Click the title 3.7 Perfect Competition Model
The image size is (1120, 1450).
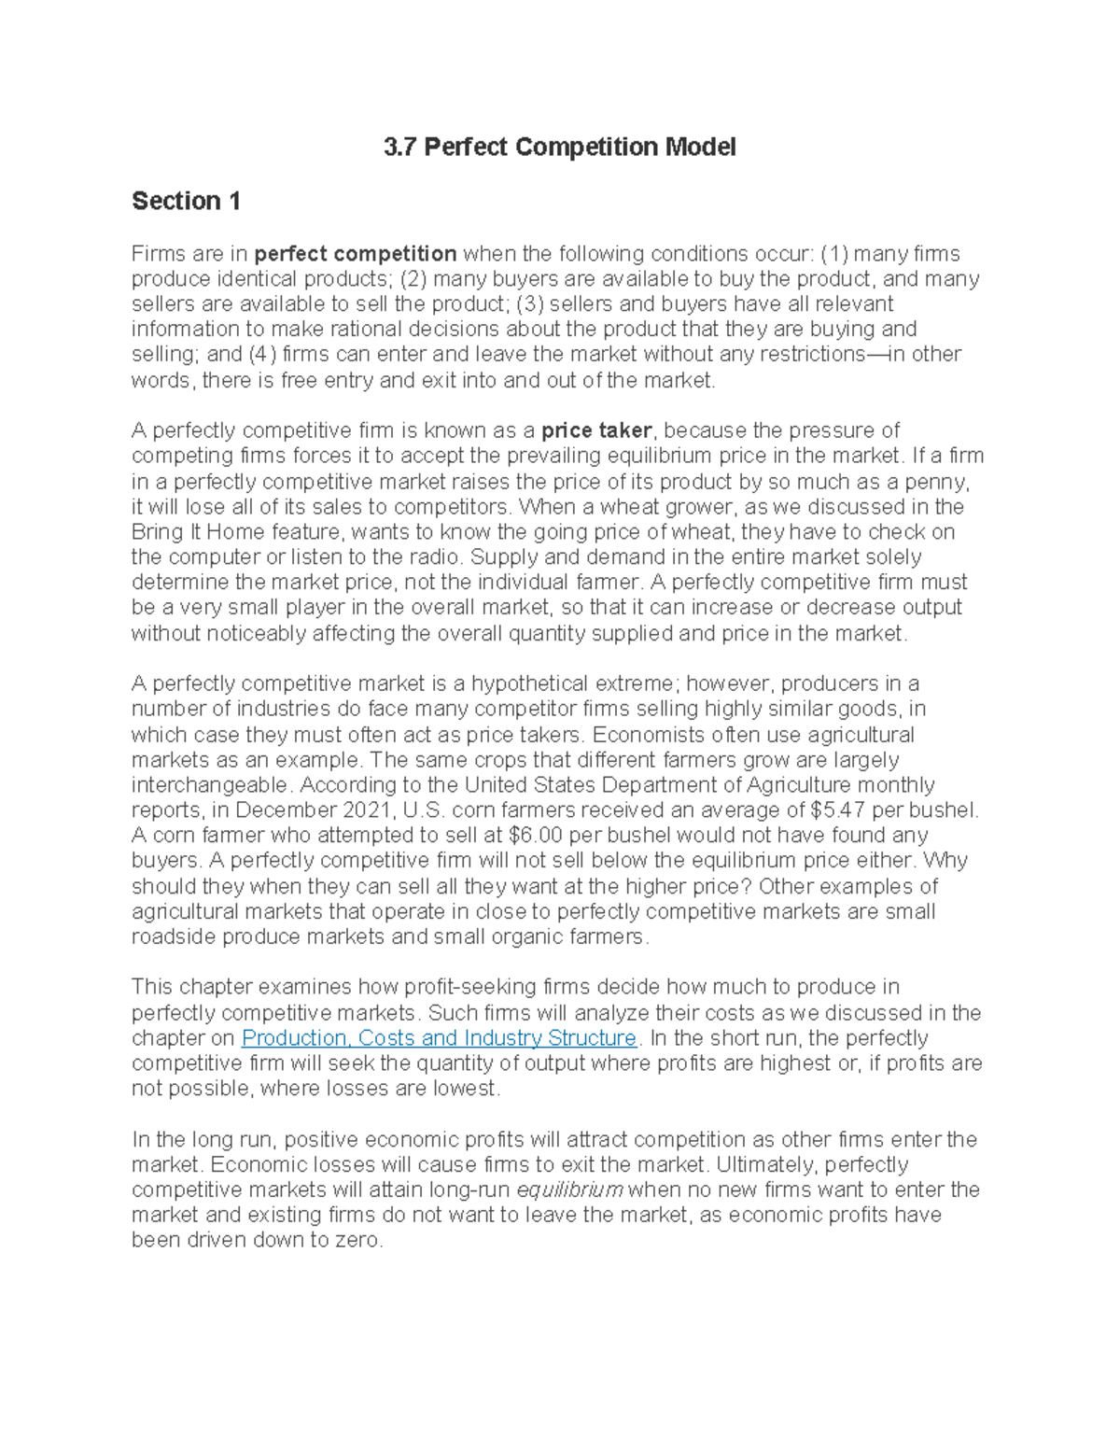(x=559, y=148)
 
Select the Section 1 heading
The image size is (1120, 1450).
(x=186, y=201)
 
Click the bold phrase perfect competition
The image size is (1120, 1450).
(x=356, y=254)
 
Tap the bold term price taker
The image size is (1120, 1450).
(x=596, y=430)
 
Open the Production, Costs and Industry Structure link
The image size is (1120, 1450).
(x=439, y=1038)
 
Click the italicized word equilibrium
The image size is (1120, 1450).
(x=569, y=1190)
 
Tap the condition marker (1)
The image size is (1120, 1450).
(x=834, y=254)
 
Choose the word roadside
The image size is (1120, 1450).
(x=174, y=936)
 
